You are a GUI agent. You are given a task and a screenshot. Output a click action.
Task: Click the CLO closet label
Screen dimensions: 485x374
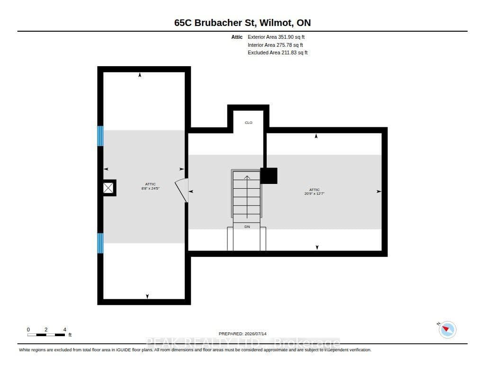(x=248, y=122)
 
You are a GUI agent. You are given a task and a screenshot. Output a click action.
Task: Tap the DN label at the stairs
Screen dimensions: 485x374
(x=247, y=226)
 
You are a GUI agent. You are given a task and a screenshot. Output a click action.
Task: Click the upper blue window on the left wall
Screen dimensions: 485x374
(x=100, y=136)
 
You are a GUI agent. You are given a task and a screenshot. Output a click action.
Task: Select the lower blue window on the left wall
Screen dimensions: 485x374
(x=100, y=243)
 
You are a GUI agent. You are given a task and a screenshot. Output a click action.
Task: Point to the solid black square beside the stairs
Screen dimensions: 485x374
(x=269, y=176)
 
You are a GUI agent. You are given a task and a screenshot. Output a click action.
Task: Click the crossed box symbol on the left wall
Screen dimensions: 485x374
(x=108, y=188)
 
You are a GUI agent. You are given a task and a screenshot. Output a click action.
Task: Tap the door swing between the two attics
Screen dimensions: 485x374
(x=181, y=190)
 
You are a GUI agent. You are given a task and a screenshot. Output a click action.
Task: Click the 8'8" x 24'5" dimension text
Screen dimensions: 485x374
(x=150, y=188)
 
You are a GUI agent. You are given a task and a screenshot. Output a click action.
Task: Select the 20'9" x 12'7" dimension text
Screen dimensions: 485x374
(x=314, y=194)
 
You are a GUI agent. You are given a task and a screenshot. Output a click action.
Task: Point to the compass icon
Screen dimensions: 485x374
(x=447, y=330)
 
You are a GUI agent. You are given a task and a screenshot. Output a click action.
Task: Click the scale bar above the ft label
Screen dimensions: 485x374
(x=46, y=335)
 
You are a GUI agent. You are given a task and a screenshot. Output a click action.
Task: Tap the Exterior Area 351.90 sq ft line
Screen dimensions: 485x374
(x=276, y=37)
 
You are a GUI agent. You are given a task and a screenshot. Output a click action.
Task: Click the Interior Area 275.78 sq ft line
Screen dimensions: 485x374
(x=275, y=45)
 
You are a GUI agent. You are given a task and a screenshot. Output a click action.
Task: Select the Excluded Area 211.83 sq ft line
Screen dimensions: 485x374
(x=278, y=53)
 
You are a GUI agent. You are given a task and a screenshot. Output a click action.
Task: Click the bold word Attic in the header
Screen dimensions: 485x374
(x=237, y=37)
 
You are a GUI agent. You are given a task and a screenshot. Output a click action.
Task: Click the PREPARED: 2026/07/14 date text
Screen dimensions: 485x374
(x=242, y=334)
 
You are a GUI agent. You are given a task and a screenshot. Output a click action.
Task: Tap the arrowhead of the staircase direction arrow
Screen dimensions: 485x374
(x=247, y=177)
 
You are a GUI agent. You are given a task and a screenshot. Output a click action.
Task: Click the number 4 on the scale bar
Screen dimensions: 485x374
(x=64, y=330)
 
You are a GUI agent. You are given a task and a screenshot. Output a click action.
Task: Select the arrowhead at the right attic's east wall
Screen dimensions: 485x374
(x=379, y=191)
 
